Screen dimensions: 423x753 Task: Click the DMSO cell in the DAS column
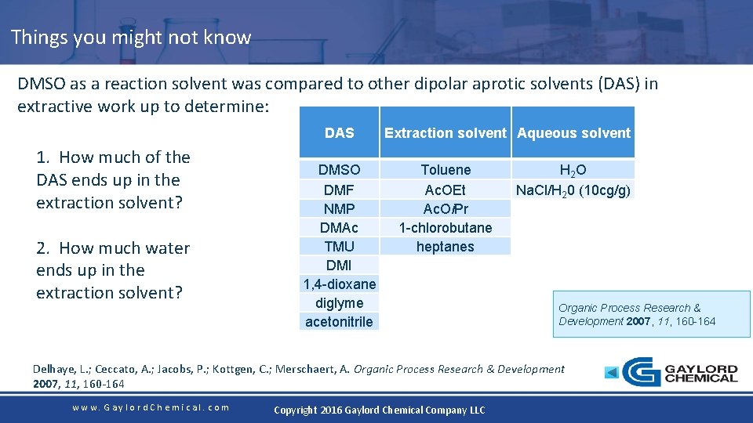[x=339, y=170]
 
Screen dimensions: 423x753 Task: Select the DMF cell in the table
[x=339, y=190]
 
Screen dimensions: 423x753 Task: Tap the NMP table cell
[x=339, y=208]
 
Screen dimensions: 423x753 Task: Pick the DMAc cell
[x=339, y=227]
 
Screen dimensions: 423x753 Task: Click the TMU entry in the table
[x=339, y=246]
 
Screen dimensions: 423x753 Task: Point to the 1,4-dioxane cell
[x=339, y=284]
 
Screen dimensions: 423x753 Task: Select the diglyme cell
[x=339, y=302]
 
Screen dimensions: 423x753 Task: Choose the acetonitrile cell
[x=339, y=321]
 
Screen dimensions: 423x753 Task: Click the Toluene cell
[x=446, y=170]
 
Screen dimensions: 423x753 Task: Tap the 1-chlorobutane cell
[x=446, y=227]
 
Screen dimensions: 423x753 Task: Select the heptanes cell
[x=446, y=246]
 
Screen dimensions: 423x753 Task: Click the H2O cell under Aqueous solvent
[x=573, y=170]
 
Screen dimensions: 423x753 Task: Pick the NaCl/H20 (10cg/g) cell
[x=573, y=190]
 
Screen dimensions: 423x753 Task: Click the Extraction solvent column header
[x=445, y=132]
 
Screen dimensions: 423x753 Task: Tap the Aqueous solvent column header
[x=573, y=132]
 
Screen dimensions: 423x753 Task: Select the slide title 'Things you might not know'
[x=131, y=37]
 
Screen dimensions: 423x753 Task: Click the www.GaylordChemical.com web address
[x=151, y=407]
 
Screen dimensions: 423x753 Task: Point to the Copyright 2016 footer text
[x=379, y=410]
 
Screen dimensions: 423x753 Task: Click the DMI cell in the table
[x=339, y=265]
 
